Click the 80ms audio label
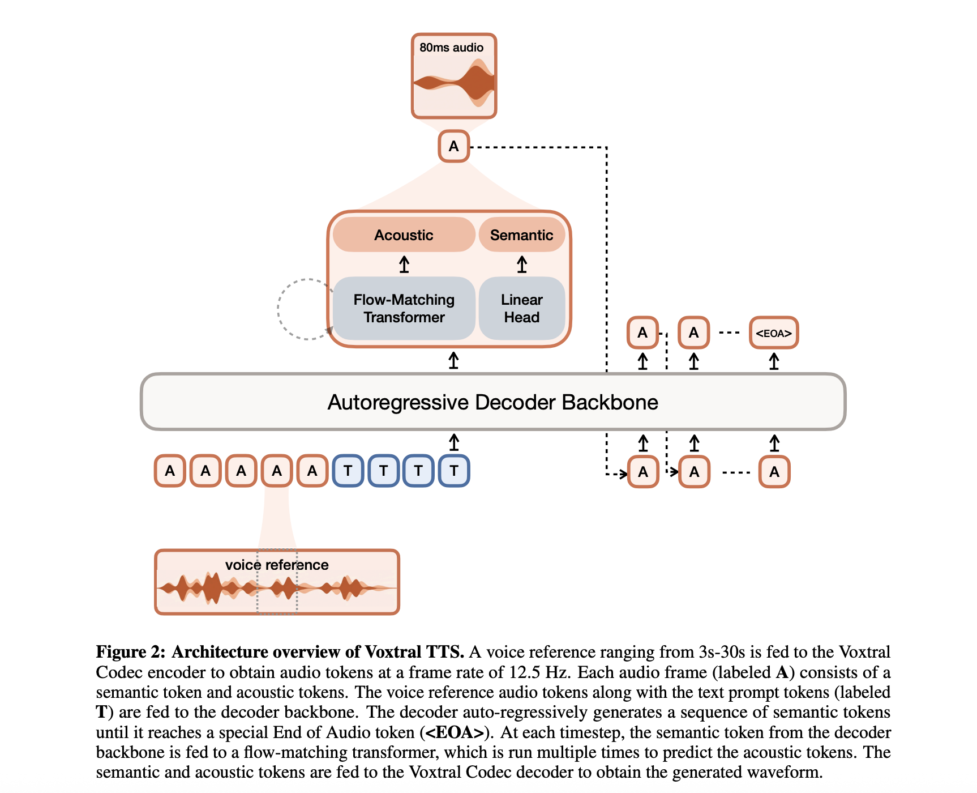(451, 48)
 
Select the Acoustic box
(404, 235)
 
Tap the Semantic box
(521, 235)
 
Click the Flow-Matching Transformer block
(404, 308)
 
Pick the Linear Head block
(521, 308)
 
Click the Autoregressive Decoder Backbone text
(492, 402)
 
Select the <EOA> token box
(773, 333)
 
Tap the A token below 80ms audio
(453, 146)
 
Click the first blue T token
(348, 471)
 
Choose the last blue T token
(453, 471)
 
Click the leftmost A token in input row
(170, 471)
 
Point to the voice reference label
(276, 565)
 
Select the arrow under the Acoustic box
(404, 265)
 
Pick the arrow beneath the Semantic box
(521, 265)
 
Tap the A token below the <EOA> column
(774, 472)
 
